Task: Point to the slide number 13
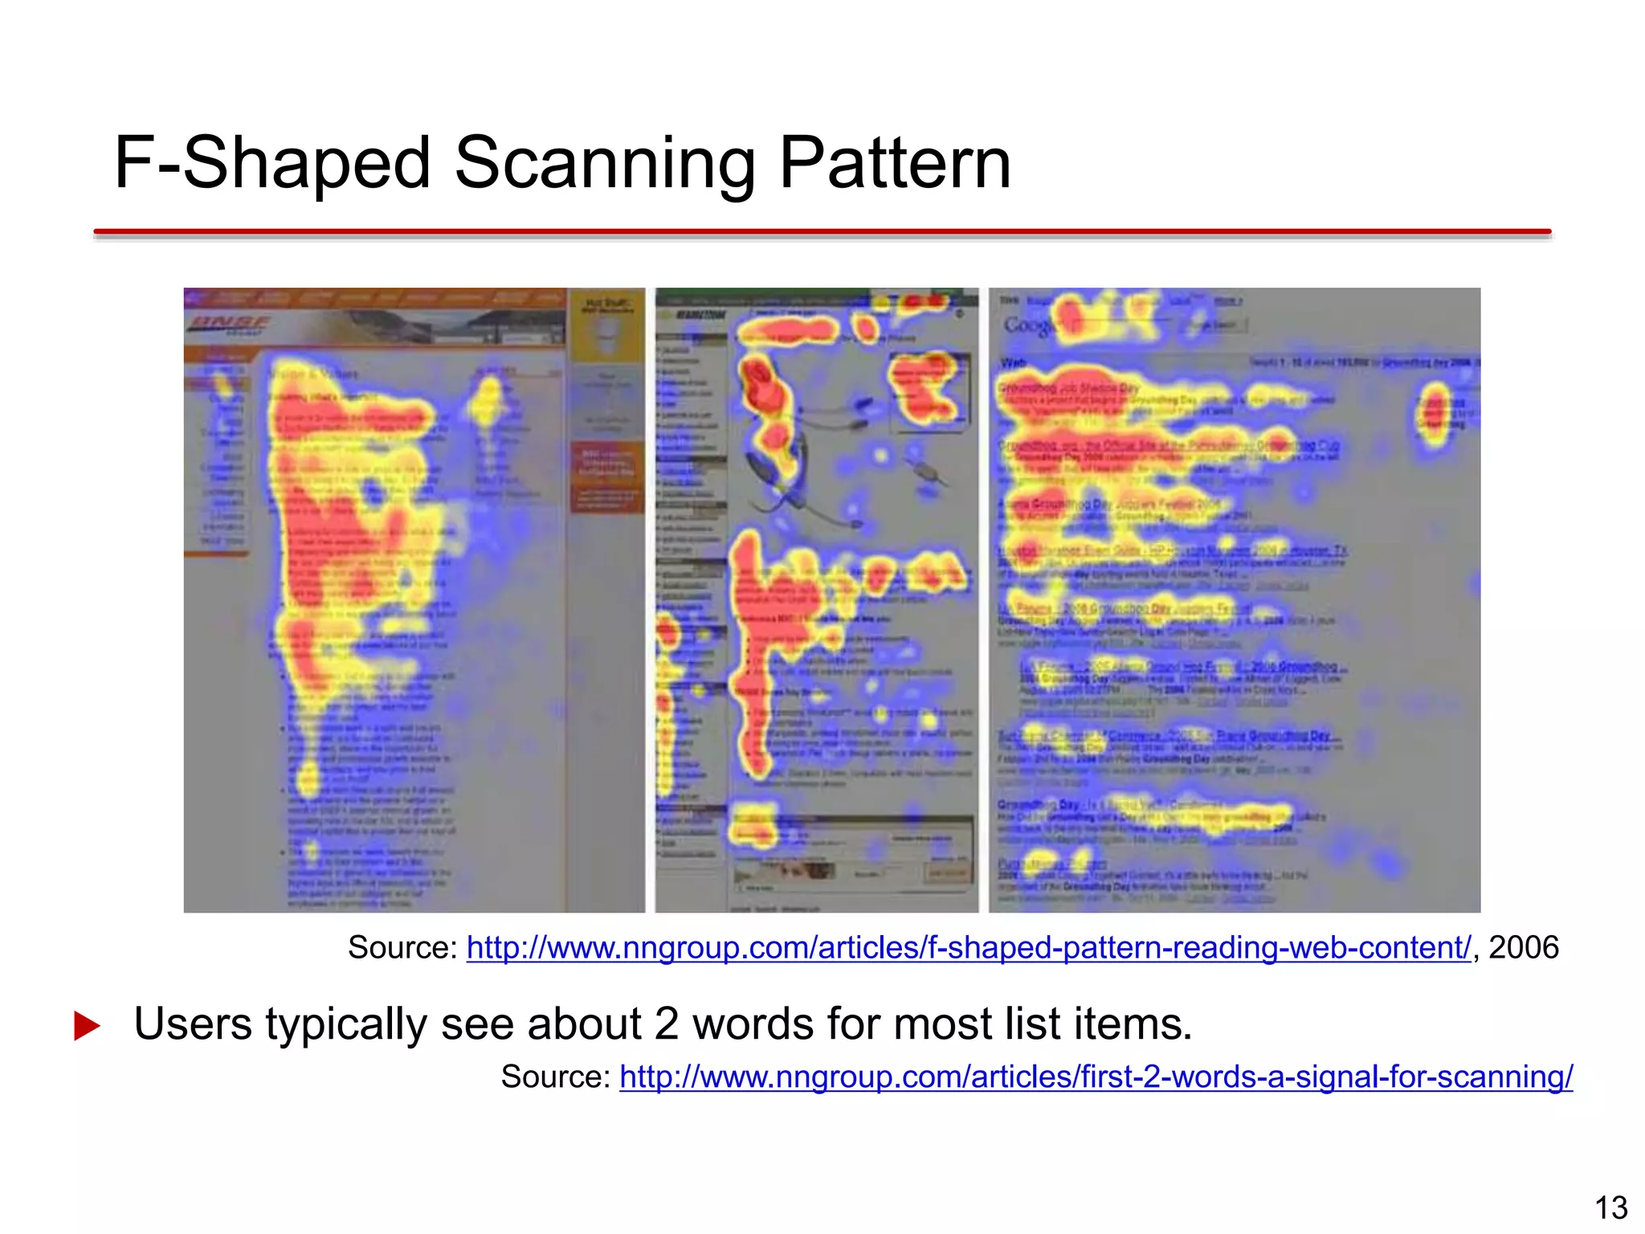[1610, 1207]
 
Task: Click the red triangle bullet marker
[86, 1026]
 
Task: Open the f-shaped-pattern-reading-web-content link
[968, 948]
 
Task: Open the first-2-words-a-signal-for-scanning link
[1096, 1077]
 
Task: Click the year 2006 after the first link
[1524, 948]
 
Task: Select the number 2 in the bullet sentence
[666, 1024]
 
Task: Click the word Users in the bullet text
[192, 1024]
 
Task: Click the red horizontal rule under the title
[822, 232]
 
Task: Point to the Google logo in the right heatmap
[1028, 325]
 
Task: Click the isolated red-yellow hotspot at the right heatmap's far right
[1435, 414]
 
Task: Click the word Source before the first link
[401, 948]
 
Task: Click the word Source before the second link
[554, 1077]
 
